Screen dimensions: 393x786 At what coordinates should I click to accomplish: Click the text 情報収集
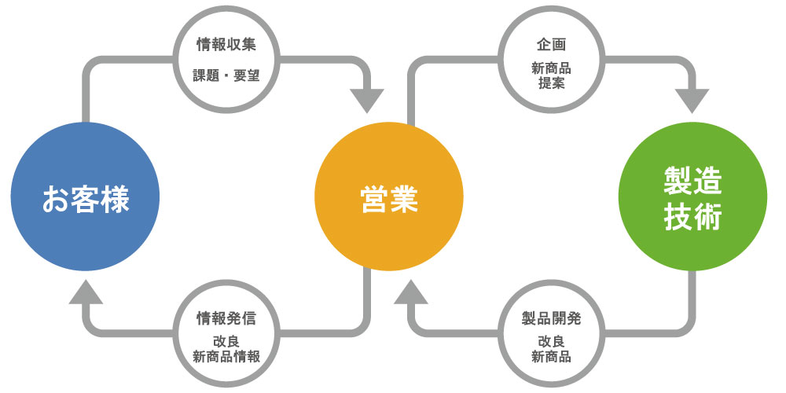point(226,46)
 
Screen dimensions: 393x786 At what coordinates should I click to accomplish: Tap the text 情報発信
point(226,318)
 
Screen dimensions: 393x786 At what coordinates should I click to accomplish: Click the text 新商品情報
point(226,356)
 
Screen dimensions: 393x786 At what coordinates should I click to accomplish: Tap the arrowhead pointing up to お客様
point(85,292)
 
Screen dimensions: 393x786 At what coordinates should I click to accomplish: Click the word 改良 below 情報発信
point(226,342)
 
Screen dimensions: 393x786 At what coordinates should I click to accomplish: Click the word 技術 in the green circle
point(692,219)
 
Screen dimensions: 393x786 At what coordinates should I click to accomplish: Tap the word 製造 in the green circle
point(692,182)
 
